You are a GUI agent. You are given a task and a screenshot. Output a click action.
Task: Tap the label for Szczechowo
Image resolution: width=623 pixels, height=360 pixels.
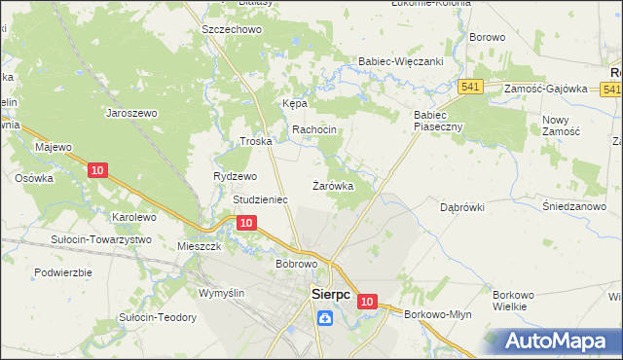[x=233, y=30]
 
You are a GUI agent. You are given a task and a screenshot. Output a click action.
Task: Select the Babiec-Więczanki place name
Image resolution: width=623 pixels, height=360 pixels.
[x=401, y=60]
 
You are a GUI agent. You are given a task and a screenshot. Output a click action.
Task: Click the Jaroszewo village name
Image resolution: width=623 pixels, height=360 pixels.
[x=131, y=113]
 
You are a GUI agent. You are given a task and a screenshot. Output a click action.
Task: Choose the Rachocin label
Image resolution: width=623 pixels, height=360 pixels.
[x=314, y=130]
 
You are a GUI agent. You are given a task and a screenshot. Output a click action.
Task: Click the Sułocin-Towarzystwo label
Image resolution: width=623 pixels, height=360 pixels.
[x=101, y=239]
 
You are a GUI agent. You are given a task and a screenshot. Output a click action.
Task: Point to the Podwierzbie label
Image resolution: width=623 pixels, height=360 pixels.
[x=62, y=272]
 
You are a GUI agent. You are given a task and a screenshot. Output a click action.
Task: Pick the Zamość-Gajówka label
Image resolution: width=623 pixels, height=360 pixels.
[x=546, y=89]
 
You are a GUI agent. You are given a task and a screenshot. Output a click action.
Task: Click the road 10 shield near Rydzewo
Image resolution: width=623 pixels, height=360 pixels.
[x=96, y=170]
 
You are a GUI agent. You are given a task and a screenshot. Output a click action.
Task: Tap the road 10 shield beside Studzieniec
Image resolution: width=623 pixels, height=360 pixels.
[x=247, y=223]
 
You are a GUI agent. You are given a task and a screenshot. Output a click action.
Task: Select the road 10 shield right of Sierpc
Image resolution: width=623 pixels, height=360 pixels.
[x=366, y=303]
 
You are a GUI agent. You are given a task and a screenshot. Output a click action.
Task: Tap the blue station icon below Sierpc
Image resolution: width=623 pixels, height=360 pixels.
[x=323, y=315]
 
